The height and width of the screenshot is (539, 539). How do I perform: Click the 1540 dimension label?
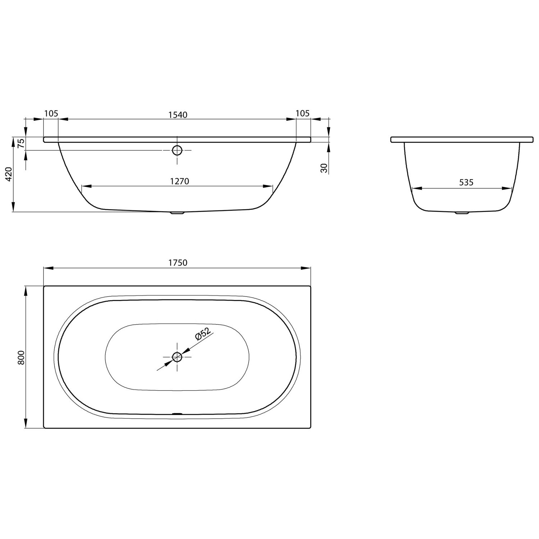[178, 115]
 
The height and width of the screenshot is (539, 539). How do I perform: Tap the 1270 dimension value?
[179, 181]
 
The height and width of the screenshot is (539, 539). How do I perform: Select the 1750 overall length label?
[178, 263]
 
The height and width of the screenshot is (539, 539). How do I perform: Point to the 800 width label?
[21, 357]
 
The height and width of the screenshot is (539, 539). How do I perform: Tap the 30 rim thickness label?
[324, 168]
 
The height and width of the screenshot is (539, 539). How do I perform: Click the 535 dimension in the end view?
[466, 183]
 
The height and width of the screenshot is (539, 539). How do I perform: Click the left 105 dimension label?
[51, 114]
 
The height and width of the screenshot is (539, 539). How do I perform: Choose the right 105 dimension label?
[303, 114]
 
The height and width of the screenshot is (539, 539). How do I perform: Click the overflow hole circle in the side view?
[177, 150]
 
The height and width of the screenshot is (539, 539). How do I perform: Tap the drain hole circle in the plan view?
[177, 357]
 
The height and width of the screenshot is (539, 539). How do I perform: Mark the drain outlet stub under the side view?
[177, 213]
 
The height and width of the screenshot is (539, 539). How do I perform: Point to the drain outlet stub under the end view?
[462, 213]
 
